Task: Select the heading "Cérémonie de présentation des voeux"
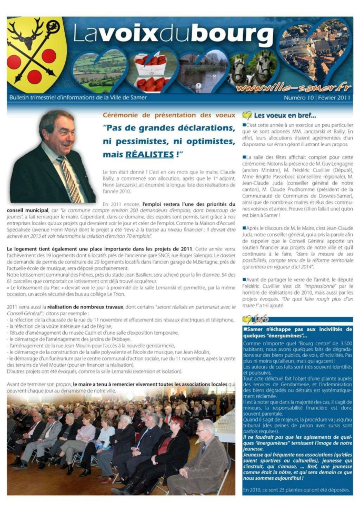coord(168,115)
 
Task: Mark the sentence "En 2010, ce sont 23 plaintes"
coord(296,490)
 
